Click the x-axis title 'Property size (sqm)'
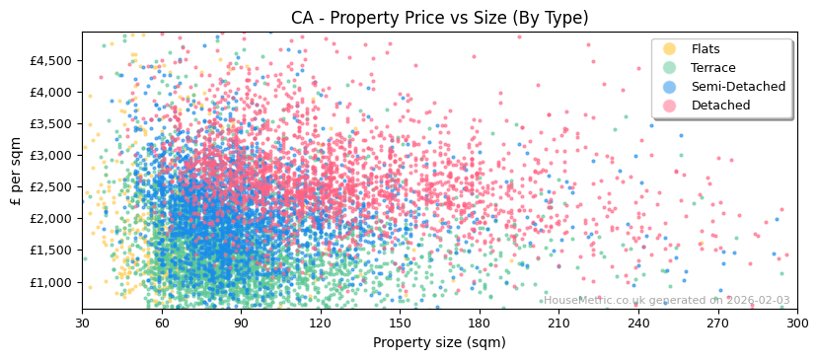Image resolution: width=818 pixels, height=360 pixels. point(439,342)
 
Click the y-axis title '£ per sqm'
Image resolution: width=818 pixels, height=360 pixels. point(16,171)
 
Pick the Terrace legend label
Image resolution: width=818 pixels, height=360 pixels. point(713,68)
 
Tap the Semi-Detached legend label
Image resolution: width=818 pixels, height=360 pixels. point(738,87)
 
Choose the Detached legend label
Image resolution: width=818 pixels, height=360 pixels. point(720,106)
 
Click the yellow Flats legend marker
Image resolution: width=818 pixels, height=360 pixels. point(670,49)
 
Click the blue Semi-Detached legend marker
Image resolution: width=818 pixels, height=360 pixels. point(670,87)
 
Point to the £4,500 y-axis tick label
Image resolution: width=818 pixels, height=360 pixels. point(51,60)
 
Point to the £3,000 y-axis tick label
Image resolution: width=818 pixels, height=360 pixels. point(51,156)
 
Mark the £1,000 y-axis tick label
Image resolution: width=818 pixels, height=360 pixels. point(51,282)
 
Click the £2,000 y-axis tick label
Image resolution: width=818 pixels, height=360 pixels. point(51,219)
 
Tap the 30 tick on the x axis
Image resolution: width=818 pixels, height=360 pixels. point(82,323)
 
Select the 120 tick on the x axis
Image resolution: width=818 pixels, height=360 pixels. point(320,323)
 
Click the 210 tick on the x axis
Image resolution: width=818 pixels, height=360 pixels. point(558,323)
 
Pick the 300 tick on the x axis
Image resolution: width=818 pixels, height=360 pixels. point(796,323)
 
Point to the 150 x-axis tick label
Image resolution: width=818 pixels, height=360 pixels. point(400,323)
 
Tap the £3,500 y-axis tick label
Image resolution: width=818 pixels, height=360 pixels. point(51,124)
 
